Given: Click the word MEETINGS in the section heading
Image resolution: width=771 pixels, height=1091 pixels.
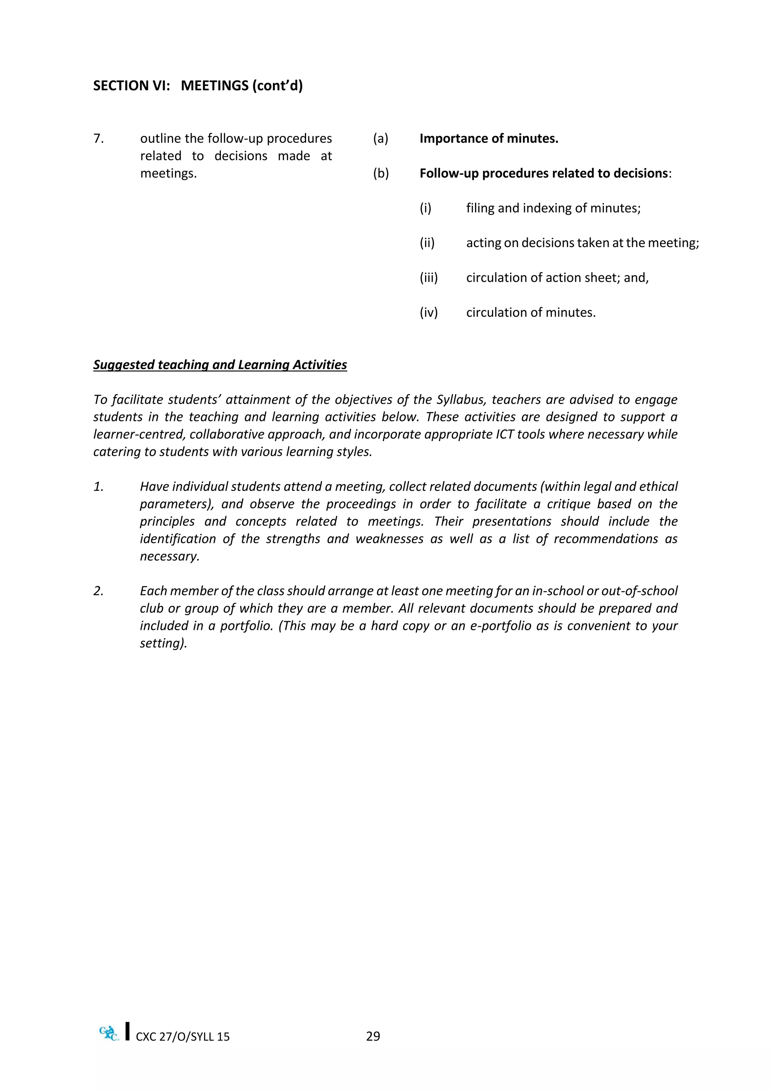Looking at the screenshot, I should tap(215, 86).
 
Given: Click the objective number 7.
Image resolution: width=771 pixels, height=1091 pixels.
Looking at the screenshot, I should tap(98, 139).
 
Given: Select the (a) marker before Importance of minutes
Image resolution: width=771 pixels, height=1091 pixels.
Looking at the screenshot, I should tap(380, 139).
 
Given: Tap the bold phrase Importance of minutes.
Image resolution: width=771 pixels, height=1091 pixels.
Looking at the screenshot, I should tap(489, 139).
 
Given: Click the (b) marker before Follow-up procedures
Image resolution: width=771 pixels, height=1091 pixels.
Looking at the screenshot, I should tap(381, 173).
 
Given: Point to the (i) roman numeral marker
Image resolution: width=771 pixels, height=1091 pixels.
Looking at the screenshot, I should tap(425, 208).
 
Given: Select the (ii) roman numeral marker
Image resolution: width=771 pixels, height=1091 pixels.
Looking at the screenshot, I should tap(427, 243).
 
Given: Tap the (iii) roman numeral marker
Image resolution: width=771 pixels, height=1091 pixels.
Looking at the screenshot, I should tap(428, 278).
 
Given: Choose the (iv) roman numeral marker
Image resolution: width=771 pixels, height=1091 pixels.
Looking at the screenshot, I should tap(428, 313).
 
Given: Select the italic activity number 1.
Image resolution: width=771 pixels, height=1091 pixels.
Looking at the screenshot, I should tap(98, 487).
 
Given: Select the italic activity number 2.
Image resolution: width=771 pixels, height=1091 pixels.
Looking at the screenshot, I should tap(98, 591).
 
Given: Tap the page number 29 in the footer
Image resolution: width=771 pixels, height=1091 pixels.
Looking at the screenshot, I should tap(373, 1036).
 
